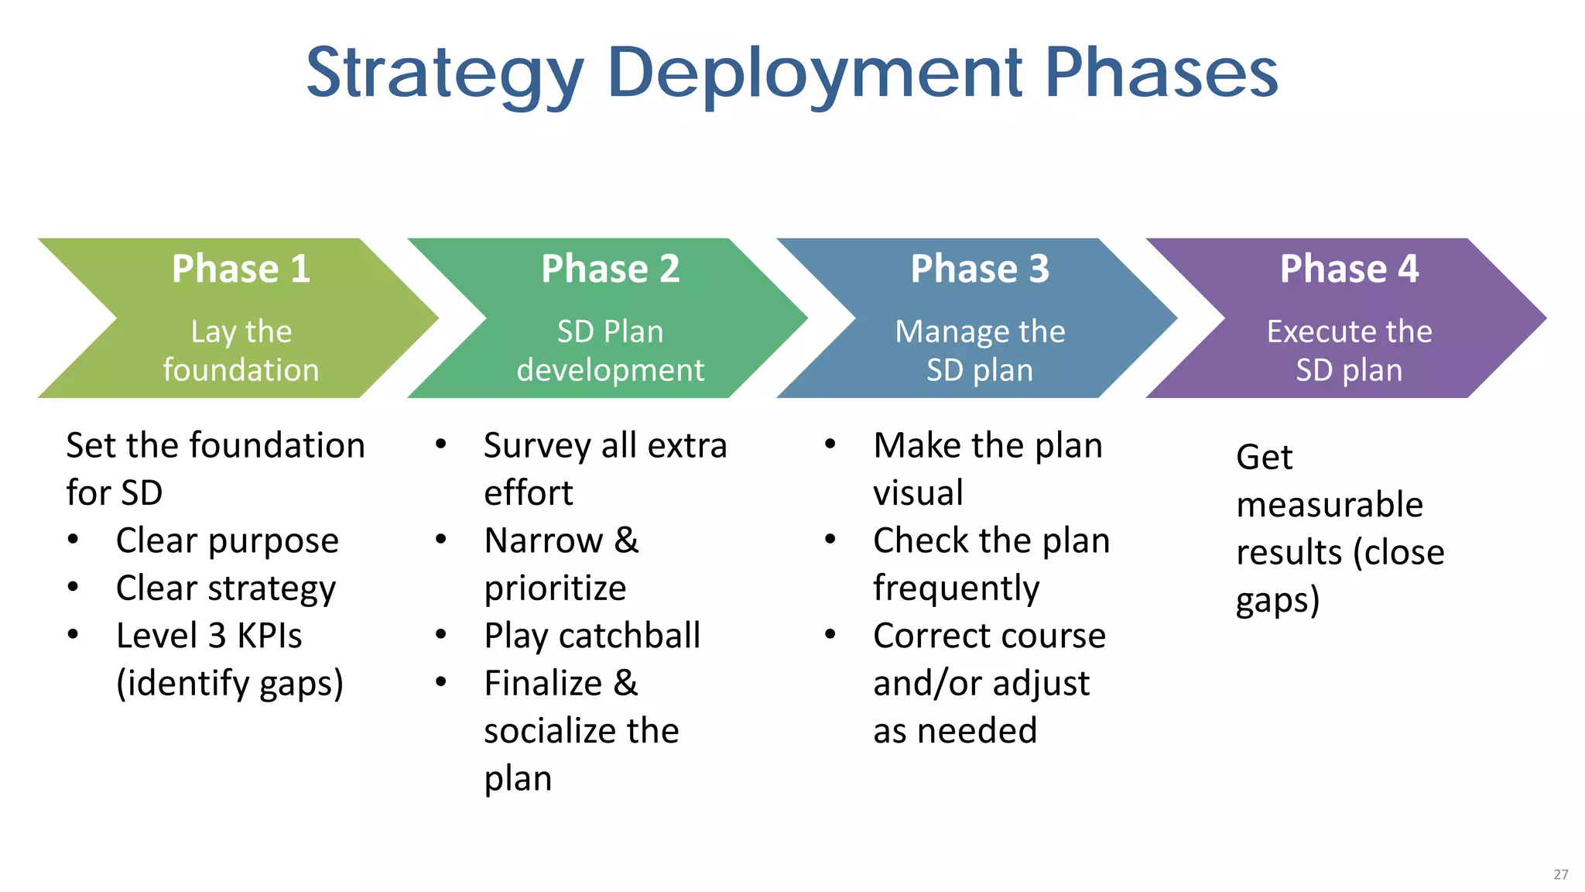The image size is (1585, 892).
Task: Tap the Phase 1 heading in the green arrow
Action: click(x=241, y=269)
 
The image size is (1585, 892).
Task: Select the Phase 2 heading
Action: click(x=610, y=269)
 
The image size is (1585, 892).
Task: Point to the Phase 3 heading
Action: click(x=979, y=269)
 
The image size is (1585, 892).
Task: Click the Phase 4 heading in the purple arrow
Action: click(x=1349, y=269)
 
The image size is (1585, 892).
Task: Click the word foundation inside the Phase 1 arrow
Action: click(x=241, y=370)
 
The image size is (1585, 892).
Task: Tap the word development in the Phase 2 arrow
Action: click(x=610, y=370)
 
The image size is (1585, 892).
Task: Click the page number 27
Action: click(x=1560, y=874)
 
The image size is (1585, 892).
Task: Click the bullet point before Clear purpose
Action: click(x=73, y=540)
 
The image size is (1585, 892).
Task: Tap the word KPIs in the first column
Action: click(x=269, y=636)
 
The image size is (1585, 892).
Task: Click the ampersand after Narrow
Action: click(x=627, y=540)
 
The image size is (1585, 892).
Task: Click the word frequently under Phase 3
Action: click(x=956, y=588)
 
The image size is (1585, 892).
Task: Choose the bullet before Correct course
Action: click(x=830, y=635)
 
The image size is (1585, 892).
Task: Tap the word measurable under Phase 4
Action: click(x=1329, y=505)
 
